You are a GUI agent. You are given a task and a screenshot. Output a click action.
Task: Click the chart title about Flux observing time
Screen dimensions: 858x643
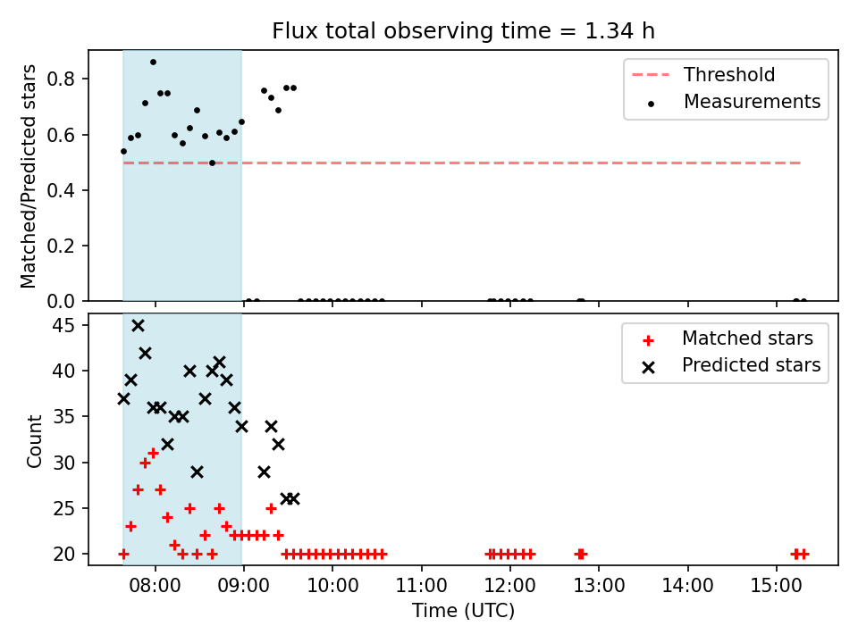(x=464, y=31)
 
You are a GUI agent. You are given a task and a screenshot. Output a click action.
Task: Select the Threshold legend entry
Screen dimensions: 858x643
(x=703, y=74)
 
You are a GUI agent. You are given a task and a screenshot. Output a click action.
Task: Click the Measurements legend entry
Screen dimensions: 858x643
(x=733, y=102)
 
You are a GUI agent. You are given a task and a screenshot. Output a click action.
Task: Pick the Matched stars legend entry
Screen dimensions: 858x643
(x=728, y=338)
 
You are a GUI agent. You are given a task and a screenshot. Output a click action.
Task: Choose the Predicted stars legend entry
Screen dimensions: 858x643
(x=731, y=365)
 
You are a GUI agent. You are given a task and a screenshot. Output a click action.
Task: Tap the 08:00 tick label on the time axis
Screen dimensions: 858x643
(x=155, y=586)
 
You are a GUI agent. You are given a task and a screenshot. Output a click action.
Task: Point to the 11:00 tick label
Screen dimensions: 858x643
(x=421, y=586)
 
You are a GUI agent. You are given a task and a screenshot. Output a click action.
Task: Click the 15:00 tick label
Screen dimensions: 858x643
(x=776, y=586)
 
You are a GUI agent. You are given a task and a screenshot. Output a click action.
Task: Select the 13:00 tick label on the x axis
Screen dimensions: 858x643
(x=599, y=586)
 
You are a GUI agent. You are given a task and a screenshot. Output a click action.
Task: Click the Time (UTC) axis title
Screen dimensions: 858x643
(x=464, y=610)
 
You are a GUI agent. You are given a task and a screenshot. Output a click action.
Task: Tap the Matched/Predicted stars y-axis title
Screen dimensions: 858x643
(x=28, y=176)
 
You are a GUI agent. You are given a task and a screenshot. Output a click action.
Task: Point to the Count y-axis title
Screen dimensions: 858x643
(x=34, y=441)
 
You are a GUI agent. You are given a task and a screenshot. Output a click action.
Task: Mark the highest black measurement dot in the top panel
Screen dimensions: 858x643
(x=153, y=63)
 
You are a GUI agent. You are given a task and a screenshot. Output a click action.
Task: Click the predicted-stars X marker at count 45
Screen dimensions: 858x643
(x=138, y=326)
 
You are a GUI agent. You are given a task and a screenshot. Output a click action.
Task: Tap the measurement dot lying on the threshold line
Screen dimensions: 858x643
(x=213, y=163)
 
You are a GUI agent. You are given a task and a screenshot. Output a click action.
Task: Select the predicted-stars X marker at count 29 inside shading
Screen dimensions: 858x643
(x=197, y=472)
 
